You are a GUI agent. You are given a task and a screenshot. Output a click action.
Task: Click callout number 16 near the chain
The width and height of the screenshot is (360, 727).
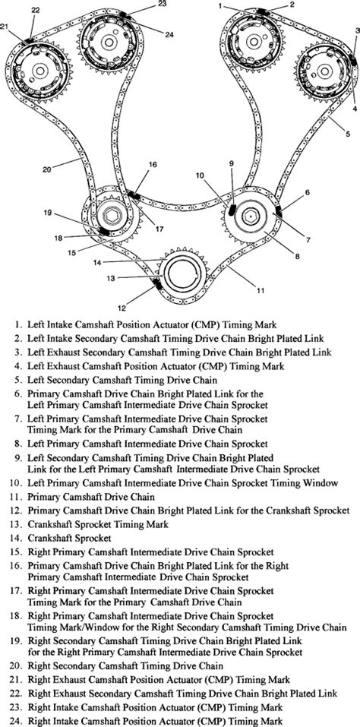click(x=153, y=185)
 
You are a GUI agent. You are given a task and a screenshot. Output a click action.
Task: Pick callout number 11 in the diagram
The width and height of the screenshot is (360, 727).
click(x=261, y=289)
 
